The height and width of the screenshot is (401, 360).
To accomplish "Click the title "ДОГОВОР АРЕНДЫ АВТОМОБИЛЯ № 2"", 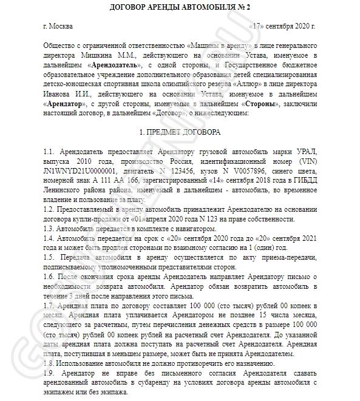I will (x=180, y=7).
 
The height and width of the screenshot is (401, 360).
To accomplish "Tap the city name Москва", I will (x=63, y=27).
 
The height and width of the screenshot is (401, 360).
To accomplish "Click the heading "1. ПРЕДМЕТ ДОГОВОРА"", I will (x=180, y=132).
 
